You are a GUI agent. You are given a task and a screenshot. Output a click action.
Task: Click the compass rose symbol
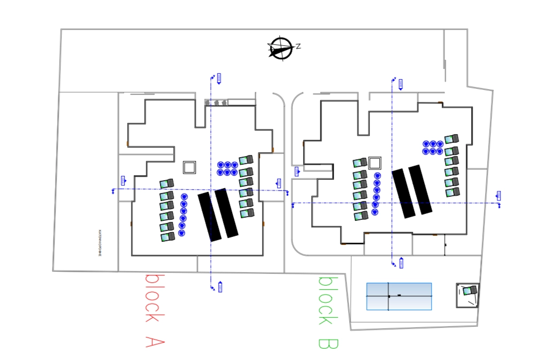(x=280, y=49)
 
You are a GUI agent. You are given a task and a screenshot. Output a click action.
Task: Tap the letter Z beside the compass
(x=298, y=47)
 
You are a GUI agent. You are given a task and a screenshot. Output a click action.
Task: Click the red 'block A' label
(x=155, y=311)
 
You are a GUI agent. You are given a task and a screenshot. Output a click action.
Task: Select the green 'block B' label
(x=327, y=313)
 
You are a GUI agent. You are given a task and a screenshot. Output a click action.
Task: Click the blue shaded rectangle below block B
(x=399, y=296)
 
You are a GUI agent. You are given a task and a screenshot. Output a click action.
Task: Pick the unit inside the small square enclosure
(x=469, y=290)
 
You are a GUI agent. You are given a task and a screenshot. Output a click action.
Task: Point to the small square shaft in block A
(x=189, y=167)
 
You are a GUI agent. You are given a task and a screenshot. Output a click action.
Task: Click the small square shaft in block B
(x=375, y=163)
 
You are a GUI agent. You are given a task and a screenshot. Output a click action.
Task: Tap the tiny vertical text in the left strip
(x=99, y=243)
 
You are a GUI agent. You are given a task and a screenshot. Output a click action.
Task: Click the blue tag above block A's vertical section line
(x=219, y=78)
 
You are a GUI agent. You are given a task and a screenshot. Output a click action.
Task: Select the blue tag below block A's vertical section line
(x=220, y=287)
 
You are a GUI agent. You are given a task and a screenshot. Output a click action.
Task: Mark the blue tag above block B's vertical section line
(x=401, y=84)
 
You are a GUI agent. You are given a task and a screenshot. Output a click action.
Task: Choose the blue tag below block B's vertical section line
(x=401, y=263)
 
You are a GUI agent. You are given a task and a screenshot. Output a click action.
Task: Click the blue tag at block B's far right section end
(x=499, y=196)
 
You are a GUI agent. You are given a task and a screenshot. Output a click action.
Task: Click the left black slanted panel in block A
(x=210, y=217)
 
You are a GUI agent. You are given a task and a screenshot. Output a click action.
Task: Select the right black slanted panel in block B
(x=420, y=190)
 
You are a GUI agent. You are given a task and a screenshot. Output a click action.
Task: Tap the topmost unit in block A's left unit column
(x=167, y=184)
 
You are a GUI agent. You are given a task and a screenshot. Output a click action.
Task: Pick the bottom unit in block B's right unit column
(x=453, y=192)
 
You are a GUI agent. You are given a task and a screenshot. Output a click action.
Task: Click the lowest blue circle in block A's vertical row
(x=182, y=233)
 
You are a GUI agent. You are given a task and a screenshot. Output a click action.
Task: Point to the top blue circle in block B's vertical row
(x=378, y=176)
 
